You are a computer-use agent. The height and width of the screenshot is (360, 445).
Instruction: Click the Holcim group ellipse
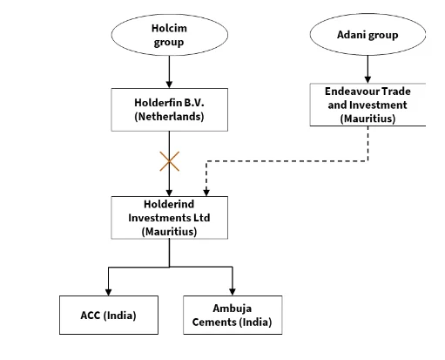point(169,35)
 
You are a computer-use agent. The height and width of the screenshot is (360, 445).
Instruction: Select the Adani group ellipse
point(367,36)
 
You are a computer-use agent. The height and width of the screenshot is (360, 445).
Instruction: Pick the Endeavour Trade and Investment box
point(367,105)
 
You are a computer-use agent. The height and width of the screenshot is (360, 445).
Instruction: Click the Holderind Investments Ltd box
point(169,217)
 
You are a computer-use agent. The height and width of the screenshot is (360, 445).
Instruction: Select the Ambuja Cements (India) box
point(232,315)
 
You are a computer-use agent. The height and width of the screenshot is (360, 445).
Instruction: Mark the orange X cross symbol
point(169,160)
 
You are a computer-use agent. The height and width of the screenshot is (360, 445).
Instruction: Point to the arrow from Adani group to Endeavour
point(367,68)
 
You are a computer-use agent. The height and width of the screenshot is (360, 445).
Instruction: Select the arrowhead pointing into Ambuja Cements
point(233,290)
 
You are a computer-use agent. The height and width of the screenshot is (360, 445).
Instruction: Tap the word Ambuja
point(232,308)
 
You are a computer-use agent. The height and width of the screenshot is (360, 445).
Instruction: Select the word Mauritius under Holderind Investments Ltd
point(169,231)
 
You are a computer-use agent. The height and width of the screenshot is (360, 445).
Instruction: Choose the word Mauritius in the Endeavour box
point(367,118)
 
